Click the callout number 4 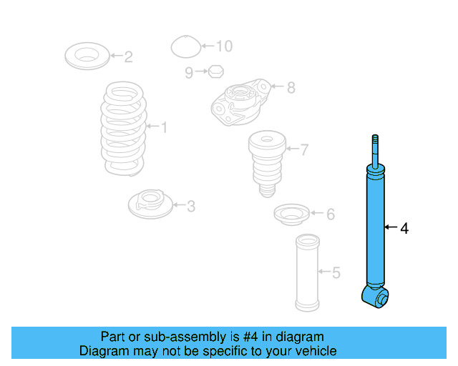click(x=404, y=229)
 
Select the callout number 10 click(x=224, y=46)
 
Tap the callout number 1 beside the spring click(x=164, y=128)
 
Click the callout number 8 click(x=290, y=88)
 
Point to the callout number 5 click(x=336, y=272)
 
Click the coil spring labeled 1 click(x=124, y=129)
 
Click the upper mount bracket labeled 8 click(x=240, y=102)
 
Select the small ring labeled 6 click(x=292, y=214)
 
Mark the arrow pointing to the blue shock click(x=390, y=228)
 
